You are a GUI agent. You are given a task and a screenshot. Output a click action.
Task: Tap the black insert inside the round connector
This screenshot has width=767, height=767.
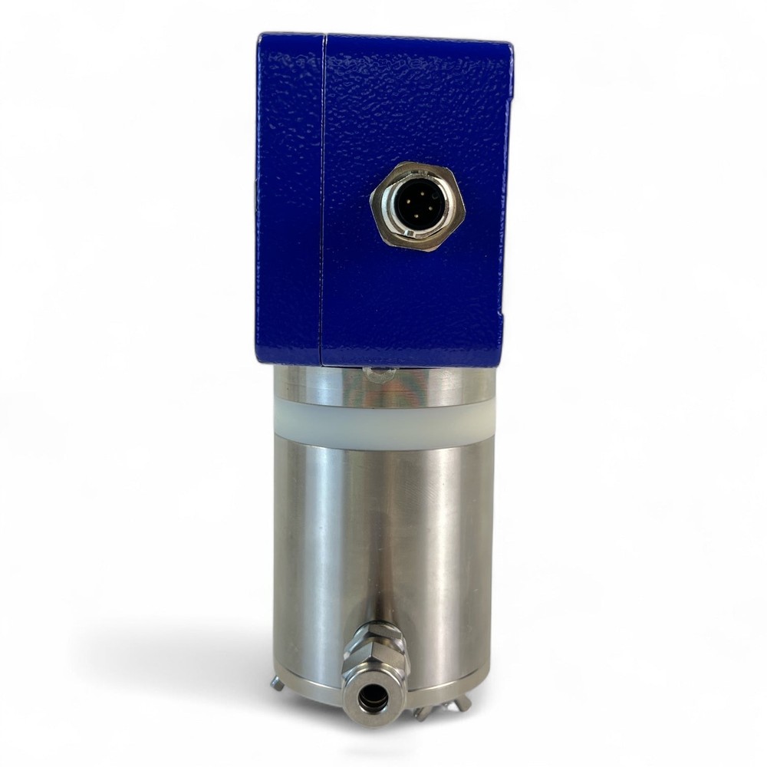(x=417, y=208)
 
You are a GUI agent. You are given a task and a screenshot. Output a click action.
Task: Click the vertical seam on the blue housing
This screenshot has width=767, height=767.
(x=322, y=199)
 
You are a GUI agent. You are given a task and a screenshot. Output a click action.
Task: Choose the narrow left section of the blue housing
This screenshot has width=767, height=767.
(x=288, y=199)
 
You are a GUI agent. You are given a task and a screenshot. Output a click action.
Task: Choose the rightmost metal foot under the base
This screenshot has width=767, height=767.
(x=463, y=702)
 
